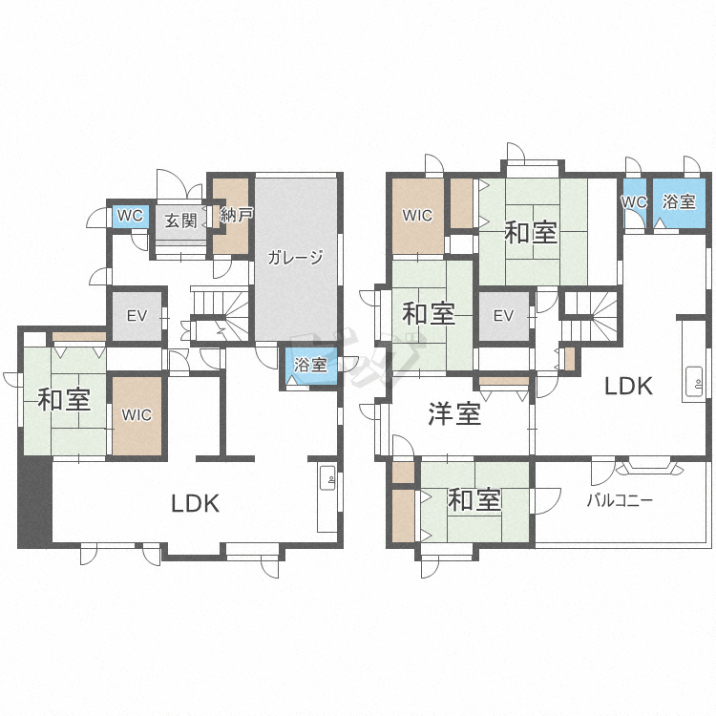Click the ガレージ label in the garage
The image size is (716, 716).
(x=295, y=258)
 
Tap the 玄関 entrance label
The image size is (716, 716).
(x=180, y=221)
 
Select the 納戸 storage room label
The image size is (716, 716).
(x=237, y=215)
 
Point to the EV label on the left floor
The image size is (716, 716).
(x=137, y=316)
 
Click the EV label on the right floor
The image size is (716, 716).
(x=503, y=316)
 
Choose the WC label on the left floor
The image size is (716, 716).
(x=130, y=216)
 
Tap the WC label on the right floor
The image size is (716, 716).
(x=634, y=201)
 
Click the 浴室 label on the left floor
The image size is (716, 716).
(x=310, y=365)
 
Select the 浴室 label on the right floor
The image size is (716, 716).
(x=679, y=201)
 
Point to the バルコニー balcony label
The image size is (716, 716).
(x=620, y=500)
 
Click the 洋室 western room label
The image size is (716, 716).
(x=454, y=414)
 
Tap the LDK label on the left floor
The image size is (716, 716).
(x=196, y=503)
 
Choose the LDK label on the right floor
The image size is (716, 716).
(x=628, y=386)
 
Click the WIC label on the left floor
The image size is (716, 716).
(x=137, y=415)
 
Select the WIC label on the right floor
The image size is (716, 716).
(x=417, y=215)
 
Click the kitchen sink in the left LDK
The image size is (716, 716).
(x=327, y=478)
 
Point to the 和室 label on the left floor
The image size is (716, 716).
(x=64, y=400)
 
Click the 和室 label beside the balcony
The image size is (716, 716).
(x=474, y=499)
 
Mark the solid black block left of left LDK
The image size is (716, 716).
(x=35, y=502)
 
